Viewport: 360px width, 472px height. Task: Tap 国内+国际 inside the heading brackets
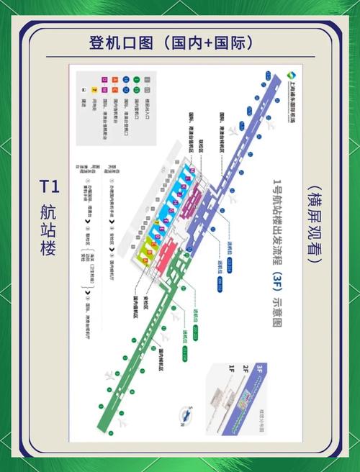click(x=208, y=42)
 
